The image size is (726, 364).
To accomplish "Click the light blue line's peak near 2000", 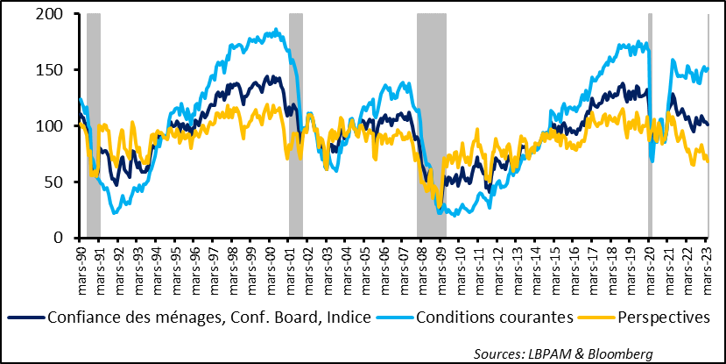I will pos(277,30).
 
